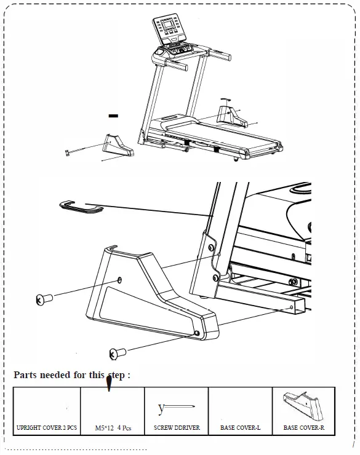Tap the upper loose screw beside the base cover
point(44,299)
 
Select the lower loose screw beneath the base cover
point(117,353)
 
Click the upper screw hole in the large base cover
point(119,277)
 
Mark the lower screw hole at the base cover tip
point(196,332)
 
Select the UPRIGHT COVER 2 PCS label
point(47,427)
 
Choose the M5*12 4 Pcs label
point(113,427)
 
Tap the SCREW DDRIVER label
point(177,427)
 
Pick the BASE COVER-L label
point(240,427)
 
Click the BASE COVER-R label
point(304,427)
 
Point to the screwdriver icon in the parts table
point(176,407)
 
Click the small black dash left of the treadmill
point(113,115)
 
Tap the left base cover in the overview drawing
point(116,145)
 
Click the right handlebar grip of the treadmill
point(221,57)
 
